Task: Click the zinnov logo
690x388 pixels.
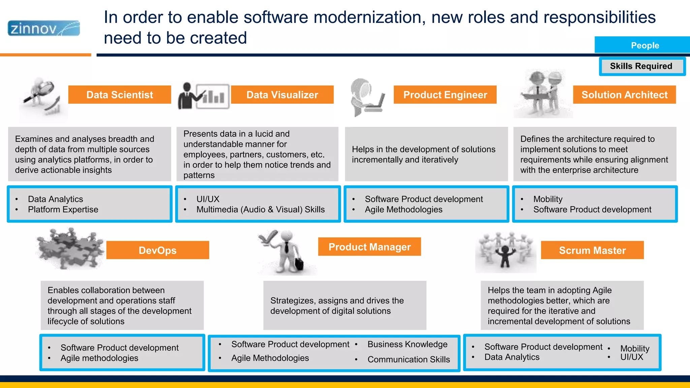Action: [44, 28]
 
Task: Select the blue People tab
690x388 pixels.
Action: [644, 45]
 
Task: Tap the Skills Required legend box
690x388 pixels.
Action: [641, 66]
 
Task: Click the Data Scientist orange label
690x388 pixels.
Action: [120, 95]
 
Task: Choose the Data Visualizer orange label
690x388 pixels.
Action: [282, 95]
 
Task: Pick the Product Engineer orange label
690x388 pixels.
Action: [445, 95]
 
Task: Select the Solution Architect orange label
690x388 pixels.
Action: [624, 95]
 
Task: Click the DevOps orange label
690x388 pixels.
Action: [157, 250]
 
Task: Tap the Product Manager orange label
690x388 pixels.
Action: [369, 247]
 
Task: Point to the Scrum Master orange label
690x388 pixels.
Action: [592, 250]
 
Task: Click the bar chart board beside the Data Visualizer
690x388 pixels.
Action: [213, 96]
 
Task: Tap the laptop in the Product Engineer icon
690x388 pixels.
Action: [376, 105]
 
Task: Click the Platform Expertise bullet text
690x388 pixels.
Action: [63, 209]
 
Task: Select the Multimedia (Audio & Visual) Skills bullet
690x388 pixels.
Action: [260, 209]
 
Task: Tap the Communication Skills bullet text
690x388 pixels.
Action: [408, 359]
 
